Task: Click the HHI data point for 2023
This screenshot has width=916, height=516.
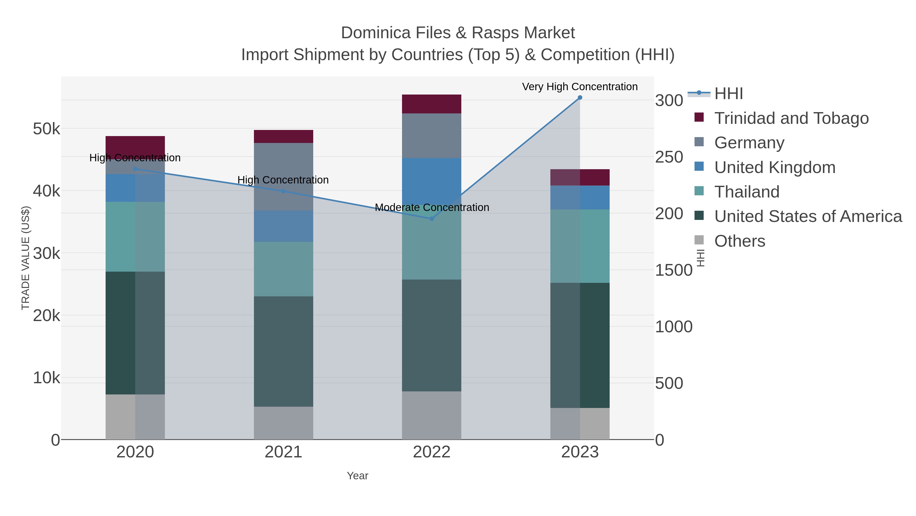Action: pos(580,98)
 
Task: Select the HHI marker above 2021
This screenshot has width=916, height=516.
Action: pos(283,191)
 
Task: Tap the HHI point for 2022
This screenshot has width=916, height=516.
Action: pos(432,219)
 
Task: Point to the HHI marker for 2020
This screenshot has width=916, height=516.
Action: pos(135,169)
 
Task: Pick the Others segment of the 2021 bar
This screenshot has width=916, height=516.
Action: pos(283,423)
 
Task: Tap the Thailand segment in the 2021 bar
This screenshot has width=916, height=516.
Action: pos(283,269)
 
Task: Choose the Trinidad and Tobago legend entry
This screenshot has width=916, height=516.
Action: pos(791,118)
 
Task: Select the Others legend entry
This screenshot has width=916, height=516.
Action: pos(740,241)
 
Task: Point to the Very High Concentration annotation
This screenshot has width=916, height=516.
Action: pos(580,87)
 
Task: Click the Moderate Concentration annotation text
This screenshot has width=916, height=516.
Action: pos(432,207)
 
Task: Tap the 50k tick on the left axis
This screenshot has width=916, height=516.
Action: pos(47,129)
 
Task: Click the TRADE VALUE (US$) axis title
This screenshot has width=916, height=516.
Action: pos(26,258)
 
